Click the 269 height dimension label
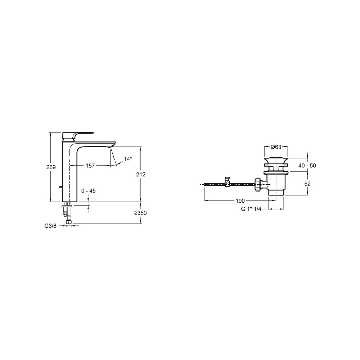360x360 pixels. coord(51,167)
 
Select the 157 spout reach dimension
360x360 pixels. coord(90,166)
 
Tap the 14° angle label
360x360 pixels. coord(128,159)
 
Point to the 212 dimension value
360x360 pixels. coord(141,175)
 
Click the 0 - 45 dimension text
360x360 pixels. coord(89,190)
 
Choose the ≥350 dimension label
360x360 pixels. coord(140,213)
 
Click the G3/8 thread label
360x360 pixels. coord(50,226)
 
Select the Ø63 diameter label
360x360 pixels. coord(276,147)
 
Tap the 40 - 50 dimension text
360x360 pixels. coord(307,166)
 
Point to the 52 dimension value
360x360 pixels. coord(307,184)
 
